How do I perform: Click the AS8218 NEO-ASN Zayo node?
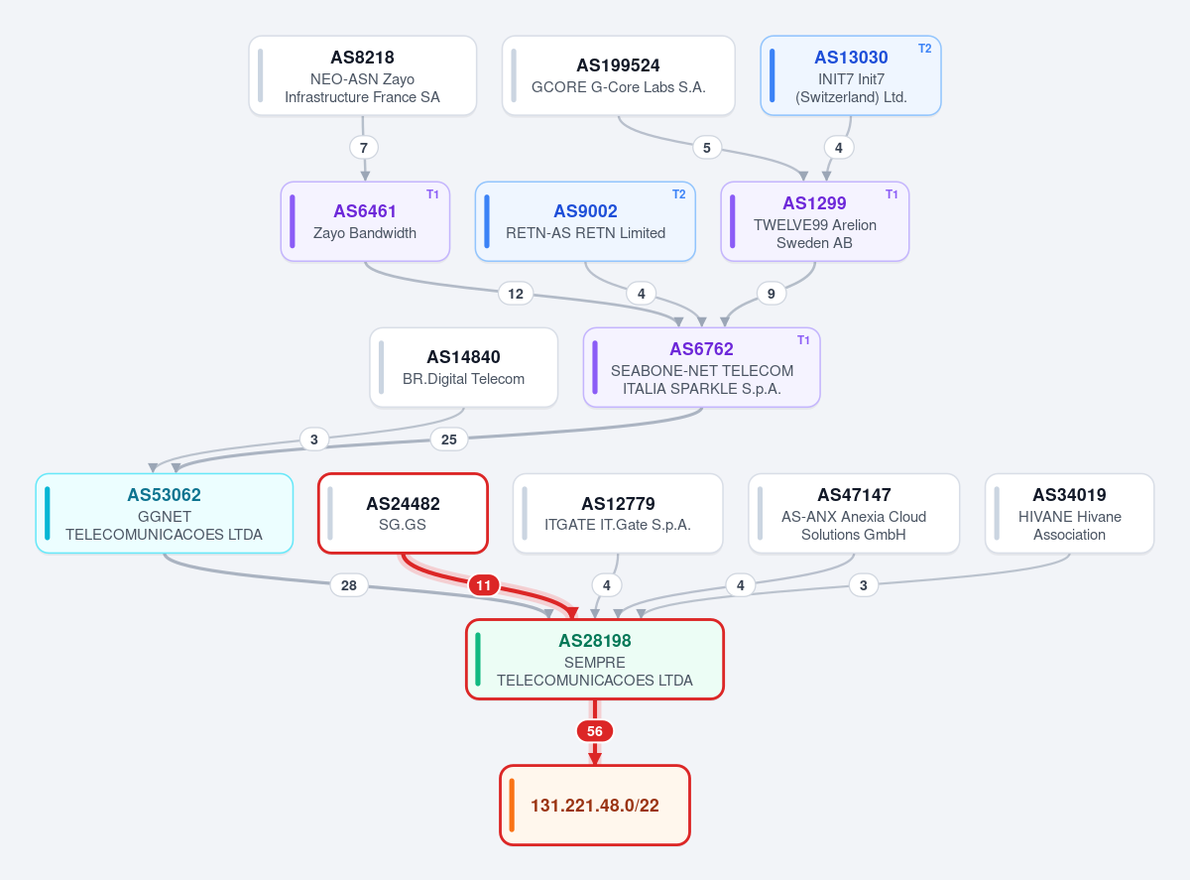[363, 75]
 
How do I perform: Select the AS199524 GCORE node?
[618, 75]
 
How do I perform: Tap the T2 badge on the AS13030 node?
[924, 49]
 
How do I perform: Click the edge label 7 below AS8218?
[364, 148]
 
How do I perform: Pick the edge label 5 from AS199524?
[707, 148]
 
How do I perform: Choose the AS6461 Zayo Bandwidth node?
[365, 222]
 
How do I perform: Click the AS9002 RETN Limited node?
[585, 222]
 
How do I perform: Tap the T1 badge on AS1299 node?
[892, 194]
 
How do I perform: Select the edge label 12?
[516, 294]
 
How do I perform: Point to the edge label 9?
[771, 294]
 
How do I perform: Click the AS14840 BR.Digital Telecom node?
[463, 367]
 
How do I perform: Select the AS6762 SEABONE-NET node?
[702, 367]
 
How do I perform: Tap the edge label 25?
[449, 440]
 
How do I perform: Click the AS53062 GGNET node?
[165, 513]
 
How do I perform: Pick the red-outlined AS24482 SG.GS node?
[403, 513]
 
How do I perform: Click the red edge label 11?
[483, 585]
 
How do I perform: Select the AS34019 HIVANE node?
[1069, 513]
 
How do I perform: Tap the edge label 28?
[349, 585]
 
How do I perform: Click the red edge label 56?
[594, 731]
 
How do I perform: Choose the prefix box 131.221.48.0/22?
[594, 806]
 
